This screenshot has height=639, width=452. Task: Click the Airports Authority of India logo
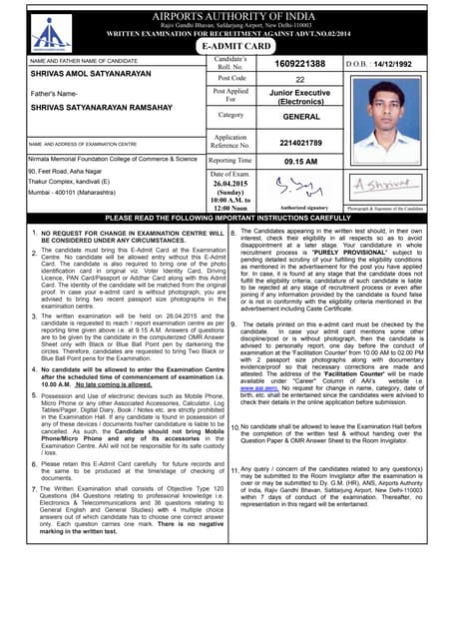(x=44, y=33)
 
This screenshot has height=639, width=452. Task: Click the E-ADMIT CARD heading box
(x=236, y=46)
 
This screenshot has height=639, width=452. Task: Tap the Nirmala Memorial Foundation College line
(x=113, y=159)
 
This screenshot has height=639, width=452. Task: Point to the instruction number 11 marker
(x=233, y=469)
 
